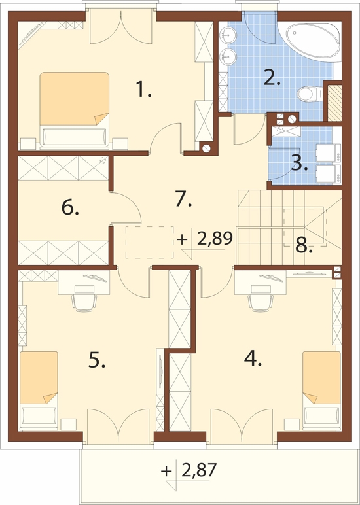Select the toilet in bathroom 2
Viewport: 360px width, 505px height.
coord(309,94)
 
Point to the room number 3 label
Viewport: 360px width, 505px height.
coord(298,164)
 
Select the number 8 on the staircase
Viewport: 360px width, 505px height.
coord(304,246)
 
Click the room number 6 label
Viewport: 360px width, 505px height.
coord(70,209)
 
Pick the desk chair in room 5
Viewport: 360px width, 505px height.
coord(84,302)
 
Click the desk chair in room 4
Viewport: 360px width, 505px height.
coord(261,303)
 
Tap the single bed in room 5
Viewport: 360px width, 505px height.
coord(39,391)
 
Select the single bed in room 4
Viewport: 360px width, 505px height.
coord(321,391)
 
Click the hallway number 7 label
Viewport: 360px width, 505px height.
coord(184,200)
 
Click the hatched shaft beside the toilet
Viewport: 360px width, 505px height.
coord(334,103)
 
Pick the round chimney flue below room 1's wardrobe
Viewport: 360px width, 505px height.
coord(206,148)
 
